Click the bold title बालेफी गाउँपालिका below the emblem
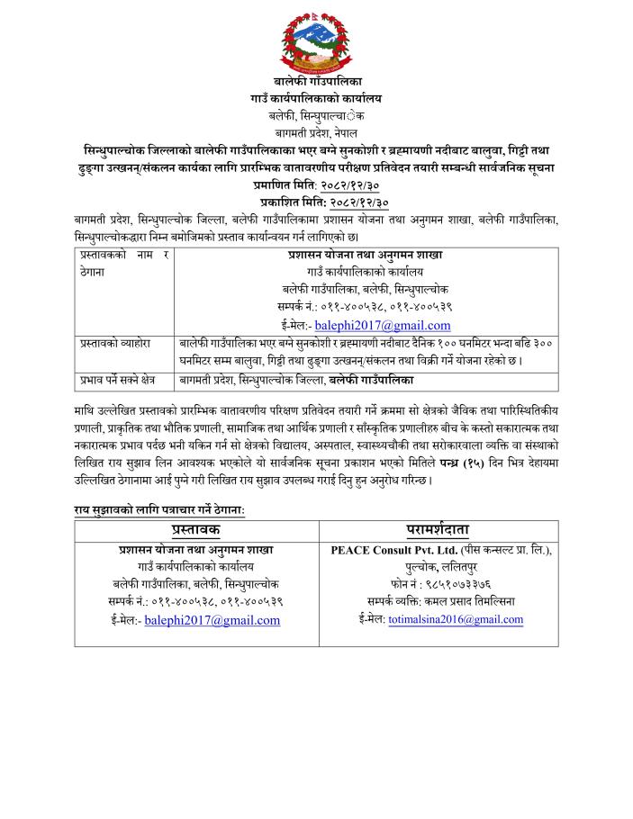317,82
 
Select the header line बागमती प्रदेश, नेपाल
317,132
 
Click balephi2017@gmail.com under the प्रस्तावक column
212,620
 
